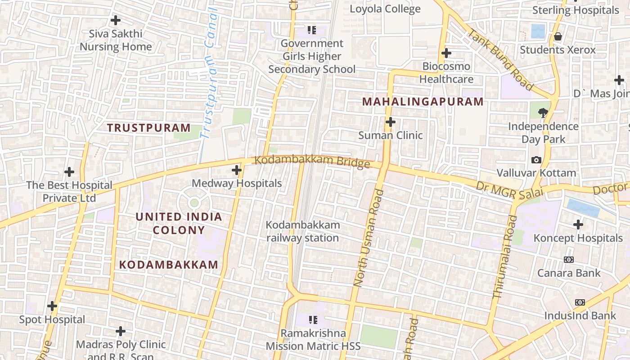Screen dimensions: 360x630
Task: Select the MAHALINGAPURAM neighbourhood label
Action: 423,102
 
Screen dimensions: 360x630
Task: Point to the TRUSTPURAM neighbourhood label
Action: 149,127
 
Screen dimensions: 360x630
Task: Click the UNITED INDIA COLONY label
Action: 179,223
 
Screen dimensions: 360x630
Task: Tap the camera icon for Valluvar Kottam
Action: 536,160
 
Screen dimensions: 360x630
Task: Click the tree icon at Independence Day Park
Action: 543,112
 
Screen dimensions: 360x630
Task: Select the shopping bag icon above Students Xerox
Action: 558,36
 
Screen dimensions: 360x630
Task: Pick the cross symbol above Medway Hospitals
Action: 237,170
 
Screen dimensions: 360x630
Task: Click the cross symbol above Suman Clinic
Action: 391,122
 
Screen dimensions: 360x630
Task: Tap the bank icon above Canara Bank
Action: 569,260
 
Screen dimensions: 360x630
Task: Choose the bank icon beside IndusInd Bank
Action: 580,302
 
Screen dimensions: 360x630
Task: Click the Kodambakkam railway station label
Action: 302,231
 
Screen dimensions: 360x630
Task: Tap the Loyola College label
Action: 385,9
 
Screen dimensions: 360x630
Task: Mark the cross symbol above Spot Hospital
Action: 52,306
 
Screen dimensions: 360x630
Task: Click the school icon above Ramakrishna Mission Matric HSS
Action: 313,320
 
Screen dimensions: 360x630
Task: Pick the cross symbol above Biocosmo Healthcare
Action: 446,53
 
